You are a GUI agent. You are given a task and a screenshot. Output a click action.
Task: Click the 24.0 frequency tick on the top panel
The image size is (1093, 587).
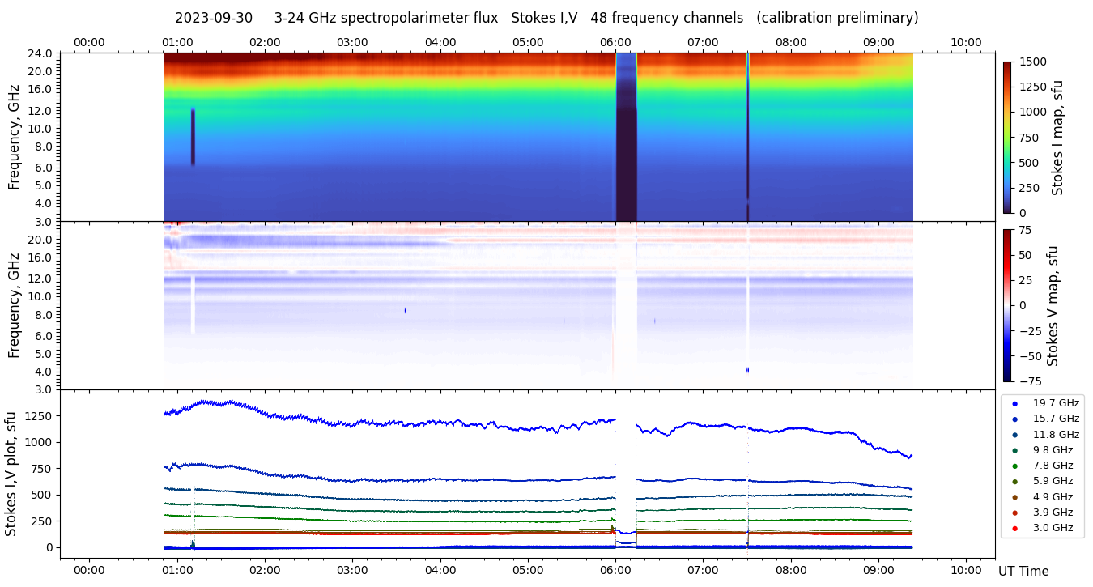[x=41, y=53]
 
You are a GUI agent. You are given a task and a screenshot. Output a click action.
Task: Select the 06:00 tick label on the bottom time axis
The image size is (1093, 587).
[x=615, y=570]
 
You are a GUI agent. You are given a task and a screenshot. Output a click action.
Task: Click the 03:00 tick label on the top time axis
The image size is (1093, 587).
[x=352, y=42]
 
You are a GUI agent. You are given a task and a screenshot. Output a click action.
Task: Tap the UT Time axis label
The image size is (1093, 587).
[x=1023, y=572]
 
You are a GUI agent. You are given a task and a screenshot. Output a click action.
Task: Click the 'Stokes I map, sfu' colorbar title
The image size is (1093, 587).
[x=1057, y=138]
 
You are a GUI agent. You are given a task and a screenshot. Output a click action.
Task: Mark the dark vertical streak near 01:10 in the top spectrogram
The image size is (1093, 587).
[x=193, y=137]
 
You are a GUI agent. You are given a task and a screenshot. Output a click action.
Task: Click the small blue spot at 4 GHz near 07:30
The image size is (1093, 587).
[x=747, y=370]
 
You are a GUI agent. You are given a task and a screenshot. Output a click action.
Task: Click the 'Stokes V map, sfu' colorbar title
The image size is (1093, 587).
[x=1053, y=306]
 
